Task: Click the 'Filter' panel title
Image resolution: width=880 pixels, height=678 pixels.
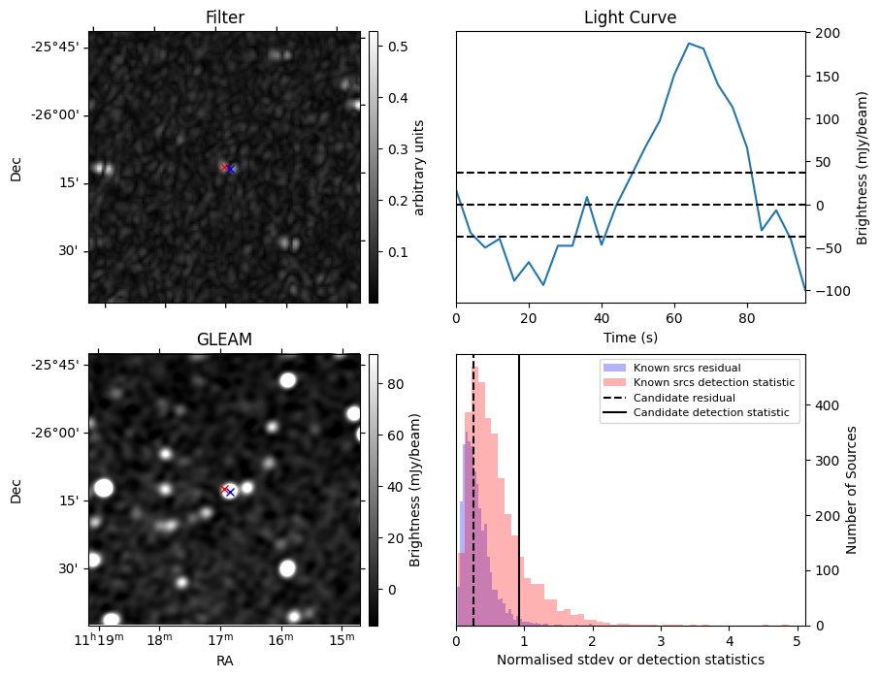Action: tap(224, 17)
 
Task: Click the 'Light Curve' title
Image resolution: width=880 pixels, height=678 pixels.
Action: tap(630, 17)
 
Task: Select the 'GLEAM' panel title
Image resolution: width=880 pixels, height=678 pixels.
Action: tap(224, 339)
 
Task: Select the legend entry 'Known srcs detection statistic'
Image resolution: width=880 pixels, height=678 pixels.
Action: tap(713, 382)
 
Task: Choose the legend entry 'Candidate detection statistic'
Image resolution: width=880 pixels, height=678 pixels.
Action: tap(710, 413)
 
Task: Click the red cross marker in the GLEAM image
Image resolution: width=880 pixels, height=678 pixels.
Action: tap(225, 490)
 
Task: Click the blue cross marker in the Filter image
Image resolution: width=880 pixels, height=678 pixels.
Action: tap(231, 169)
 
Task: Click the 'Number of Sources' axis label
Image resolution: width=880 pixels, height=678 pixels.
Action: tap(852, 490)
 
